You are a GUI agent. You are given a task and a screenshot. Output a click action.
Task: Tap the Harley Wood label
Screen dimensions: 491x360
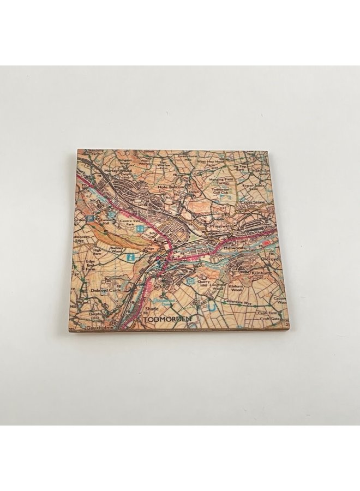[116, 170]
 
